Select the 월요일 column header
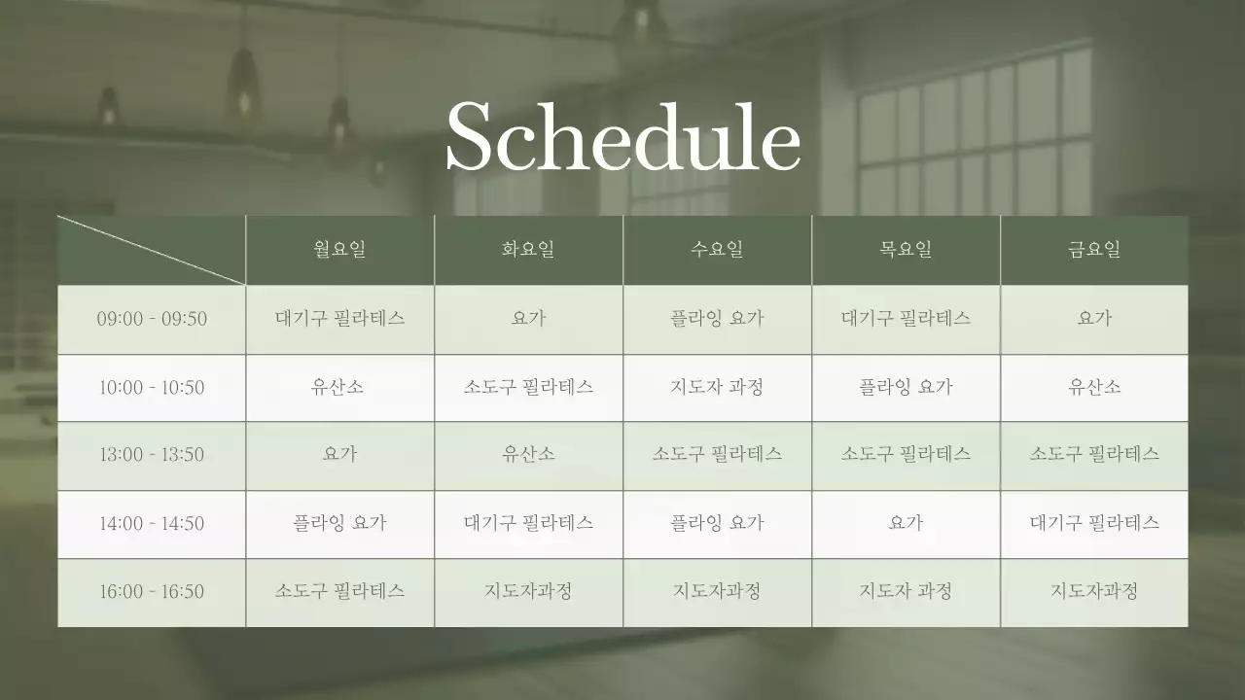tap(339, 249)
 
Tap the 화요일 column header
tap(528, 249)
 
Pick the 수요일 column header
tap(717, 249)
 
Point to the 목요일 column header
tap(906, 249)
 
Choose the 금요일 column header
tap(1094, 249)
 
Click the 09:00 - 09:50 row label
tap(152, 319)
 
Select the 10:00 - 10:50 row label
tap(152, 387)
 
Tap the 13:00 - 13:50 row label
tap(152, 455)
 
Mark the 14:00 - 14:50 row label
tap(152, 523)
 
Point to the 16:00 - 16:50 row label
tap(152, 591)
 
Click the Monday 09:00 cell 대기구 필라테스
tap(339, 318)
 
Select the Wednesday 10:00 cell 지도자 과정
tap(717, 386)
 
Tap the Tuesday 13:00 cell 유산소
tap(528, 454)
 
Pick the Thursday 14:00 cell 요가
tap(906, 522)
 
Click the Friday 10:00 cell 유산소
tap(1094, 386)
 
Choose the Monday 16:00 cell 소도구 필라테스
tap(339, 590)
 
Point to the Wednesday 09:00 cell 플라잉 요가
tap(717, 318)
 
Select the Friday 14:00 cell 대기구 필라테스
tap(1094, 522)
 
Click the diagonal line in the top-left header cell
tap(152, 250)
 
